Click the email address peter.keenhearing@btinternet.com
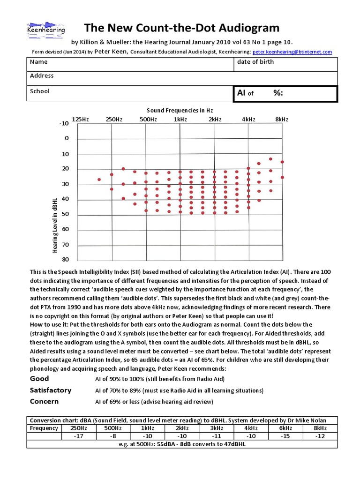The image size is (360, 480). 292,52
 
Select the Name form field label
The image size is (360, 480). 38,62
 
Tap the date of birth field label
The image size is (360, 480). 255,62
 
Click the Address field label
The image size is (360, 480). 42,76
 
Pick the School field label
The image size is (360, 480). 40,91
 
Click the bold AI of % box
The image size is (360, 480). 285,93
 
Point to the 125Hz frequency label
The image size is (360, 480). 80,120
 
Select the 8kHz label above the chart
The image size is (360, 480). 282,120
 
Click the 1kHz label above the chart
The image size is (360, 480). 180,120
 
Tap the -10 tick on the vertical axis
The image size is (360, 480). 64,124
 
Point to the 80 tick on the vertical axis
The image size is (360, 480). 65,260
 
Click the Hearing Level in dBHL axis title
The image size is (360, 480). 55,225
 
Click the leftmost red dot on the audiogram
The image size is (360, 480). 99,180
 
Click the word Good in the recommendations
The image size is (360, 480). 39,379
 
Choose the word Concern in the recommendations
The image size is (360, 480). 44,401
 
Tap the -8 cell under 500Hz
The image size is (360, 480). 112,436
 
